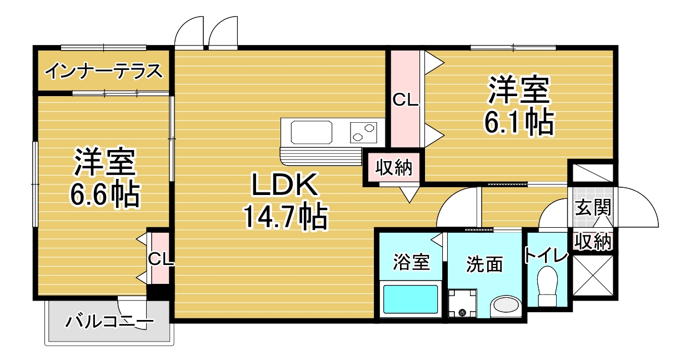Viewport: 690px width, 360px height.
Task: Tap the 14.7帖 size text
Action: [x=285, y=216]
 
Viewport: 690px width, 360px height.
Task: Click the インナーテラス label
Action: [x=104, y=71]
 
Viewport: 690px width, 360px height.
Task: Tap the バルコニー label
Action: [x=109, y=322]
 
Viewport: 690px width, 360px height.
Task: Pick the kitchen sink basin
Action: [x=312, y=132]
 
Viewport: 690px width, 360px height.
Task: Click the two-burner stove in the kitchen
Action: [x=363, y=132]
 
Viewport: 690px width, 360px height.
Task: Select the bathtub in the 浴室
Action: [x=411, y=299]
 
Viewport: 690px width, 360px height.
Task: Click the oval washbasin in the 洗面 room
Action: [x=506, y=306]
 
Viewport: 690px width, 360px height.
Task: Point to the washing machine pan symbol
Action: [x=462, y=303]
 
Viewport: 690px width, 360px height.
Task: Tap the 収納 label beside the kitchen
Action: [x=394, y=168]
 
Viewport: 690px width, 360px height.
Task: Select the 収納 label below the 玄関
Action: [x=593, y=242]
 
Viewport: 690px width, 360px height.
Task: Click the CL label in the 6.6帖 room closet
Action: [x=161, y=259]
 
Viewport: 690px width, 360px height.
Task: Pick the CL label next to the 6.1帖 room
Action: [x=405, y=100]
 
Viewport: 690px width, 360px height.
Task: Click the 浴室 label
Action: [x=411, y=262]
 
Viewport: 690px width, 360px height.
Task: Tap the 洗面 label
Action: [x=484, y=264]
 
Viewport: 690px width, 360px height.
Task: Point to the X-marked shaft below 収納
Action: [x=593, y=275]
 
